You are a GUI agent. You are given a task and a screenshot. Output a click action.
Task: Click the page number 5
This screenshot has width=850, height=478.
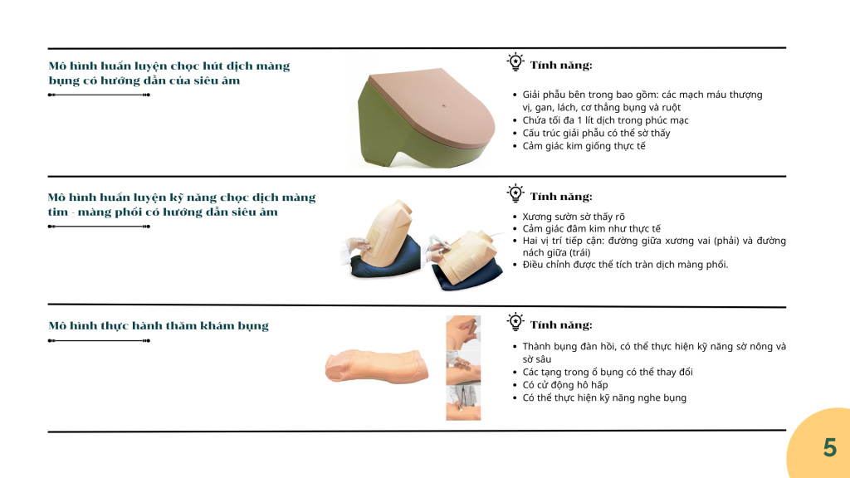tap(830, 447)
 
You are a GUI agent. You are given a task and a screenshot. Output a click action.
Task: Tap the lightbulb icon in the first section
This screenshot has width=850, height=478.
tap(515, 61)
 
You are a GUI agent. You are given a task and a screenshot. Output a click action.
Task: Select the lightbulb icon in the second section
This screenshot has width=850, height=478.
tap(515, 193)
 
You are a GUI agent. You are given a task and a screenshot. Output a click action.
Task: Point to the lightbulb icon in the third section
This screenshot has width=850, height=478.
tap(515, 322)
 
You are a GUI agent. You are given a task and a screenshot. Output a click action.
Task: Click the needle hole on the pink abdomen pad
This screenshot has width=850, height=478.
tap(444, 105)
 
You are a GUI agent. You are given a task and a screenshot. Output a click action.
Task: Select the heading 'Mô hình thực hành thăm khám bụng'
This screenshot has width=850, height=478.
tap(159, 325)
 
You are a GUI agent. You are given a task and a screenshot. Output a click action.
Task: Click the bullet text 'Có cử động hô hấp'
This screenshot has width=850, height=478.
tap(564, 385)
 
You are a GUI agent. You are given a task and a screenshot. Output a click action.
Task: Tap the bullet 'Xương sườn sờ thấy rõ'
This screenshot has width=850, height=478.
tap(574, 217)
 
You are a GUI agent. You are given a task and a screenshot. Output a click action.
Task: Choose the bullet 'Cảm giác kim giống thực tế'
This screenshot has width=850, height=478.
tap(584, 146)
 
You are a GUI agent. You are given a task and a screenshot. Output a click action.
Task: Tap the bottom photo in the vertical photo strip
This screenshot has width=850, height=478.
tap(463, 402)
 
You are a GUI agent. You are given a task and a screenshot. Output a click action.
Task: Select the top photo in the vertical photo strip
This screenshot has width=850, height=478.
tap(463, 333)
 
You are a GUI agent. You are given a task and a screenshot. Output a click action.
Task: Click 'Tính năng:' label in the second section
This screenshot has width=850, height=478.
tap(561, 196)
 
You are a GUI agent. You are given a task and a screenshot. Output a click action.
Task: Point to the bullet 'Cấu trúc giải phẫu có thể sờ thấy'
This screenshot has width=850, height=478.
tap(596, 134)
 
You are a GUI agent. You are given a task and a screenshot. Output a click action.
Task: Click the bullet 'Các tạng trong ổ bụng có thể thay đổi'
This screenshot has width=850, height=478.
tap(608, 373)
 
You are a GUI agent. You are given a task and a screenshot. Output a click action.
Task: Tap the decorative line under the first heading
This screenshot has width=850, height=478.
tap(100, 95)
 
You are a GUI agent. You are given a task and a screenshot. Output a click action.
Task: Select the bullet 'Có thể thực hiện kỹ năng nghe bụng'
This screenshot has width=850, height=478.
tap(604, 398)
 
